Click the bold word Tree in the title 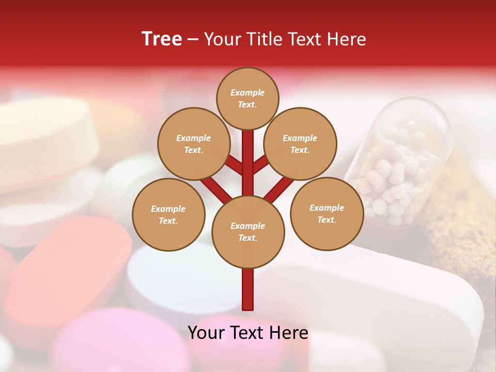[x=162, y=39]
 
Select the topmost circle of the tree [x=247, y=98]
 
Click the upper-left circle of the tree [x=194, y=144]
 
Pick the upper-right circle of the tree [x=300, y=144]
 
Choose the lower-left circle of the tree [x=168, y=214]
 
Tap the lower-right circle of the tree [x=327, y=213]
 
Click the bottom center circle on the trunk [x=248, y=231]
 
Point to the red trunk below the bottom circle [x=248, y=289]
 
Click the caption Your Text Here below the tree [x=248, y=333]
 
